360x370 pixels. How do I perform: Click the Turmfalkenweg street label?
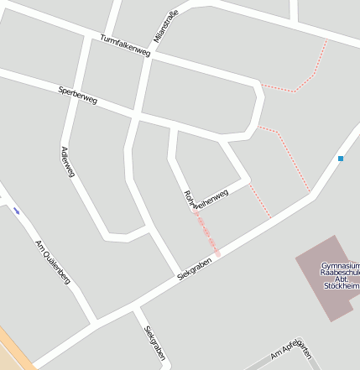click(x=124, y=46)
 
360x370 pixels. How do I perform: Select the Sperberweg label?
click(x=78, y=95)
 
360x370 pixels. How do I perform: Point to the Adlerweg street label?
click(x=68, y=162)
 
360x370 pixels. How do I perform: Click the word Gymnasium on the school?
click(x=341, y=266)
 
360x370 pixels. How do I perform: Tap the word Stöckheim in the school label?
click(x=341, y=286)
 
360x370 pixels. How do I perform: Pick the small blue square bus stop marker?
click(x=341, y=158)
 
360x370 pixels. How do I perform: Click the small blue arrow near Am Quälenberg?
click(x=17, y=211)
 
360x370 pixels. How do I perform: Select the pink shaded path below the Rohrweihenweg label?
click(x=207, y=234)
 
